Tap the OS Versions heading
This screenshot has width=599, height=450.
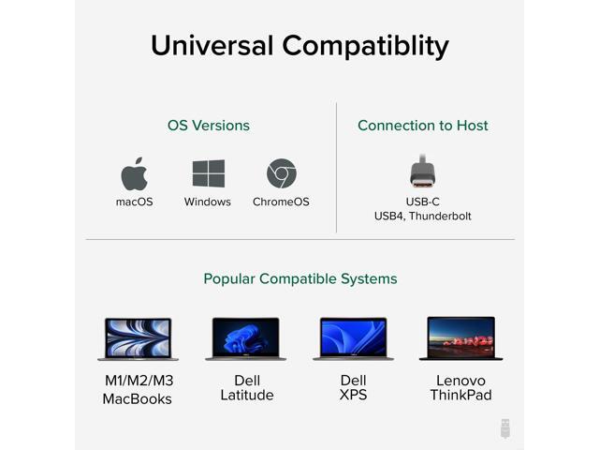209,125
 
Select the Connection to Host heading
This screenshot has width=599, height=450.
423,125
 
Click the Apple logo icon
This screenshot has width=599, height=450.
135,173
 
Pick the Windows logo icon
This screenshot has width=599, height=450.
208,173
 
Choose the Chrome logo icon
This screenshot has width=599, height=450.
281,173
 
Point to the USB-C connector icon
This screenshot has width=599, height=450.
423,171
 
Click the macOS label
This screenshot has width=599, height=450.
135,202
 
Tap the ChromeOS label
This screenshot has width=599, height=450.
281,202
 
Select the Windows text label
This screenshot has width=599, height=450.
208,202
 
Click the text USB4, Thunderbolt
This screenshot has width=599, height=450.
423,216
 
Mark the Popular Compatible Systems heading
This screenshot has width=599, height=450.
300,278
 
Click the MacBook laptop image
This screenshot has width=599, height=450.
139,338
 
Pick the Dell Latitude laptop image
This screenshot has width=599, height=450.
245,338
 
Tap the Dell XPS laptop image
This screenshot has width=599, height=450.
353,338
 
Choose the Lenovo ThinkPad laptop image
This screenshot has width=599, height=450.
460,338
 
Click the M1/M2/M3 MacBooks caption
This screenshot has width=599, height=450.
138,390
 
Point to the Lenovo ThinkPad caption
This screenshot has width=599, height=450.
460,388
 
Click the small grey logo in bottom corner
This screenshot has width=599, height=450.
505,427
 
